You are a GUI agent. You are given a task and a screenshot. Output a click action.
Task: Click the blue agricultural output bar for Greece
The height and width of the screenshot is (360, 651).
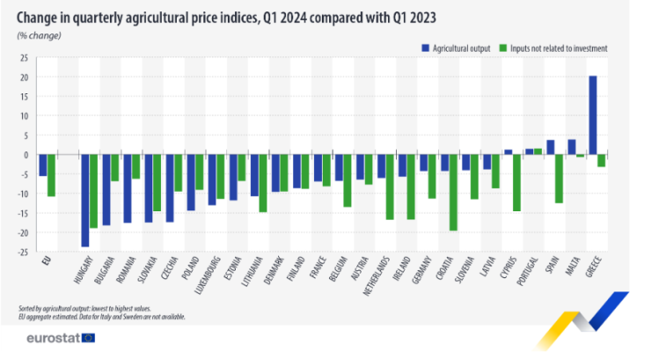tap(592, 115)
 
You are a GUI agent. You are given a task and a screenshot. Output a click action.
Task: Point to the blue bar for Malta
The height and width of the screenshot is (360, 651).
tap(571, 147)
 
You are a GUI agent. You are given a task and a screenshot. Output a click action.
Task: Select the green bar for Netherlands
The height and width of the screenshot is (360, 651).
tap(390, 187)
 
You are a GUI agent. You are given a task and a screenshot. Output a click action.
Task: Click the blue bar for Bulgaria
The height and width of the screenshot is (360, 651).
tap(106, 189)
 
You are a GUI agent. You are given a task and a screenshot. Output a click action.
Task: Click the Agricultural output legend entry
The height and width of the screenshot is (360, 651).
tap(457, 48)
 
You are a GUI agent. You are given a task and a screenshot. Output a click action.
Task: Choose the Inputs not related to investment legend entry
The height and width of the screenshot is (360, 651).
tap(552, 48)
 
